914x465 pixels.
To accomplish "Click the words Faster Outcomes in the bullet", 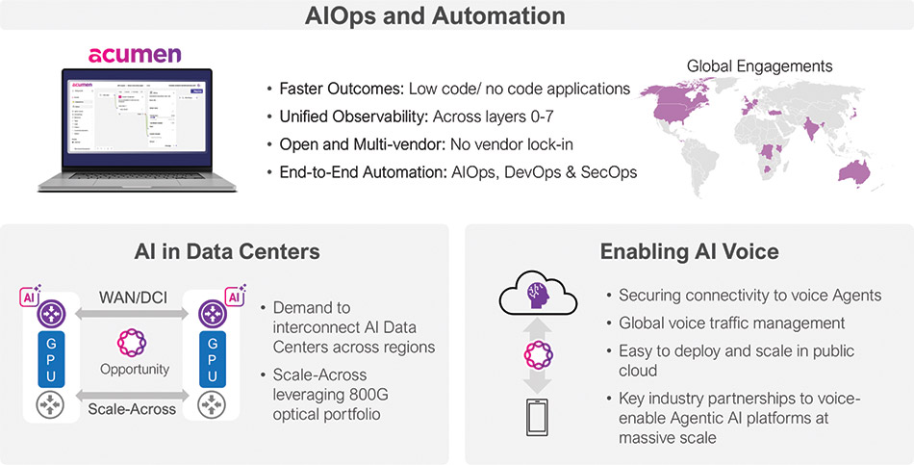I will pyautogui.click(x=341, y=89).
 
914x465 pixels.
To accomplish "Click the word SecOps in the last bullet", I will pyautogui.click(x=604, y=172).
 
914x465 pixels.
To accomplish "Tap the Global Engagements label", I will pyautogui.click(x=759, y=66).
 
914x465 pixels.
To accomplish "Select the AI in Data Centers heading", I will pyautogui.click(x=227, y=252).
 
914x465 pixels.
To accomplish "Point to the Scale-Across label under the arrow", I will pyautogui.click(x=134, y=409).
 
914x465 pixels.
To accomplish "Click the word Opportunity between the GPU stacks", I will pyautogui.click(x=135, y=370).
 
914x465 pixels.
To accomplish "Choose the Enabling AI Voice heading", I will pyautogui.click(x=689, y=252).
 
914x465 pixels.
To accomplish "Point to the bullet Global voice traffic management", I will pyautogui.click(x=731, y=323).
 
